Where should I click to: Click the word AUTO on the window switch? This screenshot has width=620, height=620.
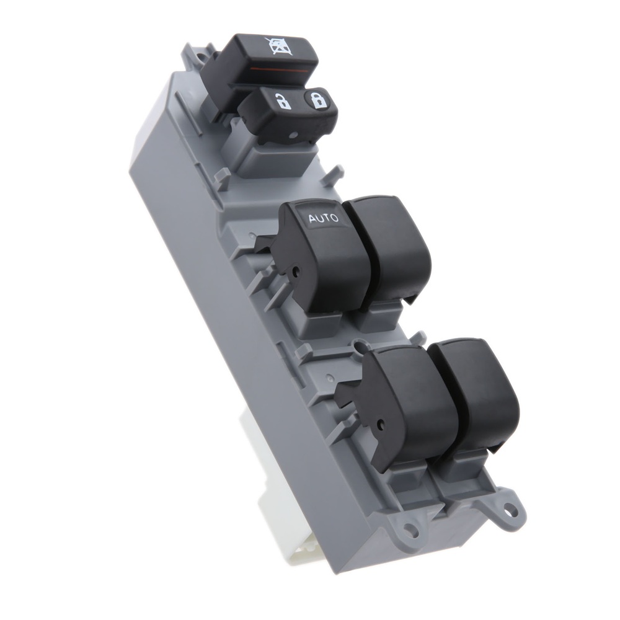(x=323, y=218)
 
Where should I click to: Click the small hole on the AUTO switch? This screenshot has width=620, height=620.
(x=295, y=272)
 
